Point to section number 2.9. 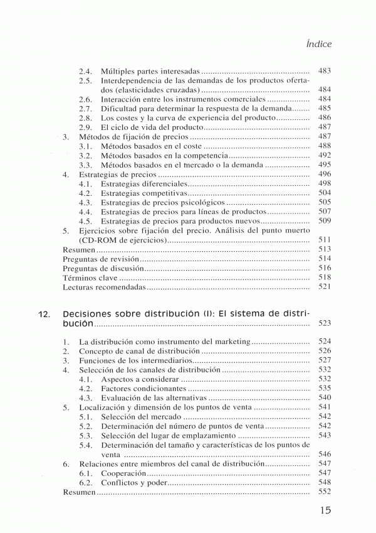point(86,127)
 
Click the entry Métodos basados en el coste point(147,146)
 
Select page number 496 point(325,174)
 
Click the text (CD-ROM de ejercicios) point(123,240)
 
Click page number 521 point(325,287)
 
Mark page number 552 point(325,492)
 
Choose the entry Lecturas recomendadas point(105,287)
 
